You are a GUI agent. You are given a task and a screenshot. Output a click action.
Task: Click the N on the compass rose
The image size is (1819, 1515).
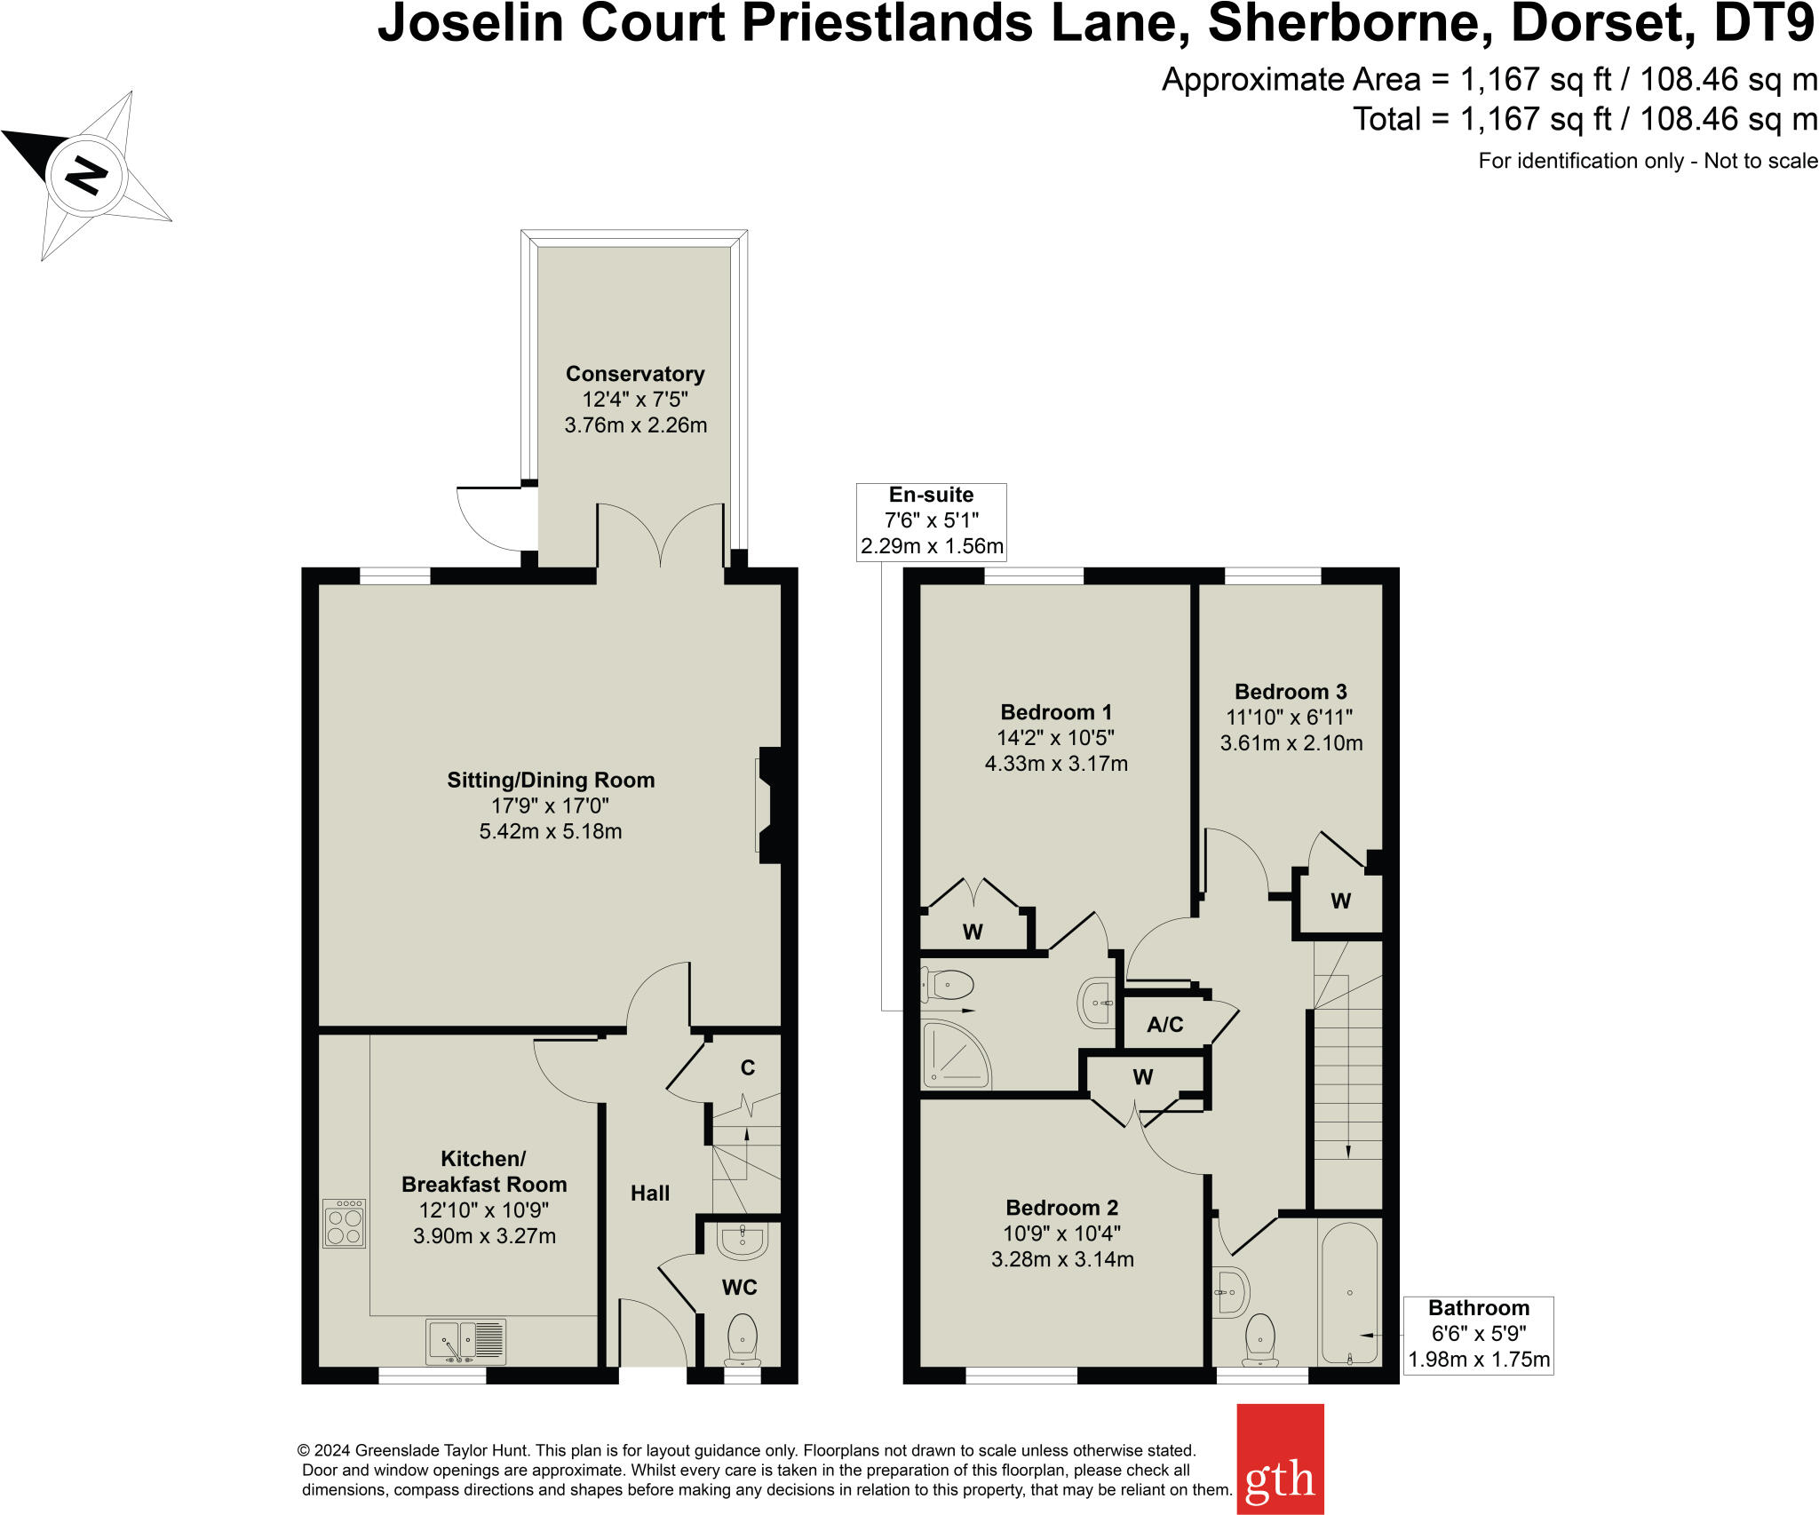click(87, 174)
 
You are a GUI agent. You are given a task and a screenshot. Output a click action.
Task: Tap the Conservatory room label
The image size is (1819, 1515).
click(635, 374)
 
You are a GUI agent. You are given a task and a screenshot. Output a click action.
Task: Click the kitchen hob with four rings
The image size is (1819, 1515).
click(344, 1224)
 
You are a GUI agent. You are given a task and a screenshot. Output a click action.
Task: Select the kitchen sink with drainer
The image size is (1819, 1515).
click(465, 1341)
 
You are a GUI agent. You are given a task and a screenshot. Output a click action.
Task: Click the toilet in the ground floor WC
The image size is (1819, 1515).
click(742, 1338)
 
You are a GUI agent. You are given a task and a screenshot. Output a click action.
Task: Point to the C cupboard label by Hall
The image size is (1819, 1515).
click(748, 1067)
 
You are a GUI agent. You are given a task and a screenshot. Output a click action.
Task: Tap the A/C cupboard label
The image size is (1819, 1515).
click(1164, 1025)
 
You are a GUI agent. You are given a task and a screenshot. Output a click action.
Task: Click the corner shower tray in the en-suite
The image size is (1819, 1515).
click(955, 1055)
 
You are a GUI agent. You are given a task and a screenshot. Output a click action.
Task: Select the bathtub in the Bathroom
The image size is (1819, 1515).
click(1349, 1294)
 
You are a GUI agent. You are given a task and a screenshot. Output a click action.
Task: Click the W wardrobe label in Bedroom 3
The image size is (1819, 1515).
click(1340, 901)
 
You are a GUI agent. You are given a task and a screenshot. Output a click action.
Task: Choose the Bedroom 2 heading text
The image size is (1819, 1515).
click(1061, 1208)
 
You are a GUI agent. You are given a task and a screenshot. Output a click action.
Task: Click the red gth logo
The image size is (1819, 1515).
click(1280, 1458)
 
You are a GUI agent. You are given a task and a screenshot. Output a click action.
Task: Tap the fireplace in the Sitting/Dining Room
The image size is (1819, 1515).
click(767, 805)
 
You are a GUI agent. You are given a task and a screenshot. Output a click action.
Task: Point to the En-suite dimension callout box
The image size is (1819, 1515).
click(931, 521)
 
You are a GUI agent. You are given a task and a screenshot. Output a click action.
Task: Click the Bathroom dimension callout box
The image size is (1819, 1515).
click(1478, 1335)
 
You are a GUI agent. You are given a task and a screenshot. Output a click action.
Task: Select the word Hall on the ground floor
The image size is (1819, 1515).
click(650, 1194)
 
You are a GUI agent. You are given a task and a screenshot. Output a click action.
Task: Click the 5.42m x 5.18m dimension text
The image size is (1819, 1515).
click(551, 832)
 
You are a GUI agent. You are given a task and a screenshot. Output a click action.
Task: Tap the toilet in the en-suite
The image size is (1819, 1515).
click(948, 985)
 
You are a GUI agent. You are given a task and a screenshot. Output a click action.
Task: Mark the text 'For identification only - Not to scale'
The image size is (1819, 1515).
click(1648, 161)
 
